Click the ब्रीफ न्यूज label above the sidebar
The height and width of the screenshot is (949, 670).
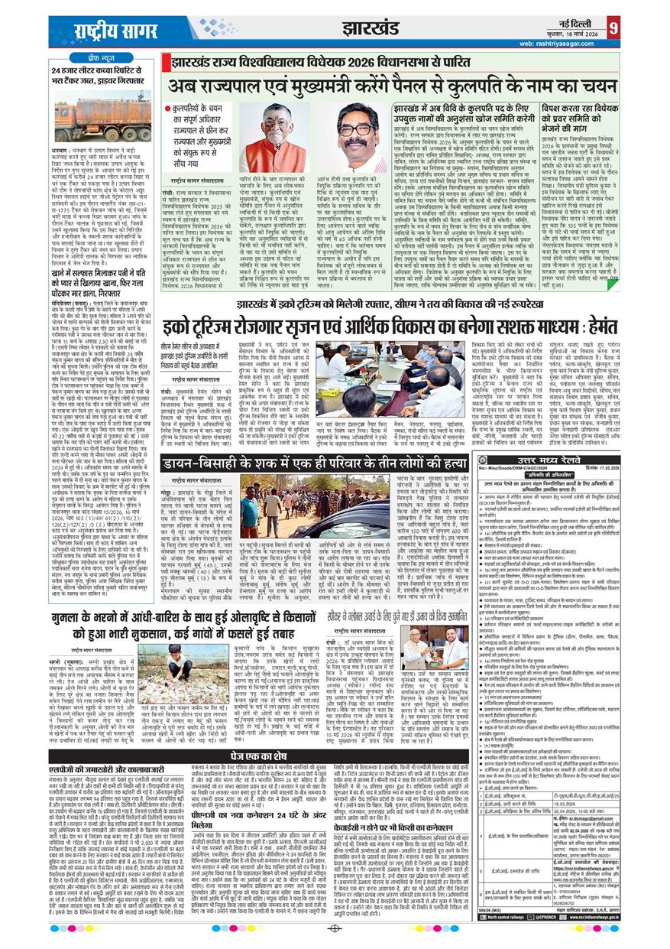click(99, 58)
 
